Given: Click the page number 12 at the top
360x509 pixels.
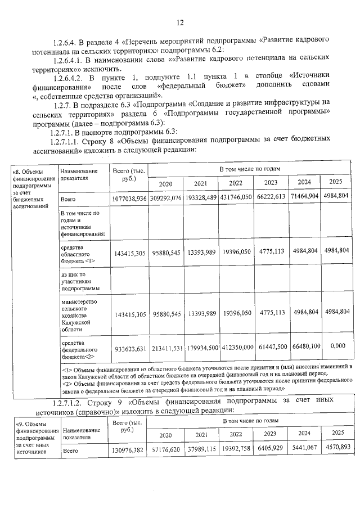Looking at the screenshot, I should pyautogui.click(x=180, y=22).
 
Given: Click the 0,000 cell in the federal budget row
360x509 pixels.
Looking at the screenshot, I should pyautogui.click(x=339, y=346).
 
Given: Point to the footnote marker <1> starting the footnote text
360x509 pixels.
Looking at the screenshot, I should pyautogui.click(x=65, y=366).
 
